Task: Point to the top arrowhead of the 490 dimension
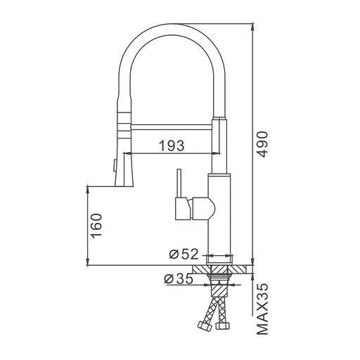(x=251, y=26)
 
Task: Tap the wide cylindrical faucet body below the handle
(x=219, y=232)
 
